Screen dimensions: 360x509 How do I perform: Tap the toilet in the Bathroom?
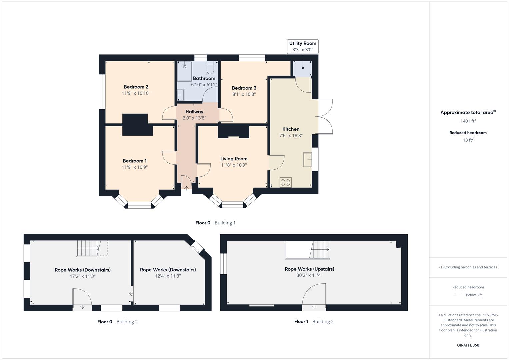[210, 68]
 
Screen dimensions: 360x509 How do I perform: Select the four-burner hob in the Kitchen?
[286, 182]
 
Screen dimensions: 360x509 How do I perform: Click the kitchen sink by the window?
[307, 159]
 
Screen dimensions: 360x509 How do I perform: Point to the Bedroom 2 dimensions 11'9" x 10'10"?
[136, 93]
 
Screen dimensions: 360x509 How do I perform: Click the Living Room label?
[234, 159]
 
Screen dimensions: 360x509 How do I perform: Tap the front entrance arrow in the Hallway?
[186, 188]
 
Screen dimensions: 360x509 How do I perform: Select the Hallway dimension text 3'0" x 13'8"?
[194, 118]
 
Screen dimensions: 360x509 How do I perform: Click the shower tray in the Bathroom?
[184, 71]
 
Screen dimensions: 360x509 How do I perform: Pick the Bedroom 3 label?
[244, 88]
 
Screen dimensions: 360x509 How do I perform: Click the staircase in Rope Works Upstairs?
[320, 250]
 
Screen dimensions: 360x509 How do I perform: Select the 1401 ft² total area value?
[468, 121]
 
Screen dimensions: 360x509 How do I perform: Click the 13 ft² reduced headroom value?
[468, 140]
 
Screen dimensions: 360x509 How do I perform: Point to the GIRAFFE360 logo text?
[468, 345]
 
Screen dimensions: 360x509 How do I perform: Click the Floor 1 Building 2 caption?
[314, 321]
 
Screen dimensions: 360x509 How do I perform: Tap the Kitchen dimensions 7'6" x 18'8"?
[291, 135]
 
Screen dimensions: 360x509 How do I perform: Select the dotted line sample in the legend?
[459, 295]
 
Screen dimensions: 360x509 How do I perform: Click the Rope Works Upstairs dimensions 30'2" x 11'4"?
[309, 275]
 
